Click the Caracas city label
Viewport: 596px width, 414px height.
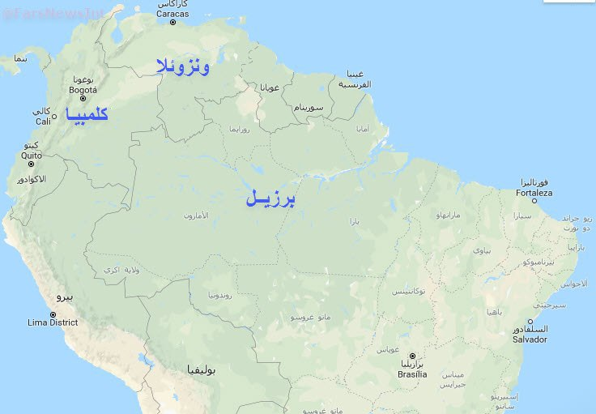172,14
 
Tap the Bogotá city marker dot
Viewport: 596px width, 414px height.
83,99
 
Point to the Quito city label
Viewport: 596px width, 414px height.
32,155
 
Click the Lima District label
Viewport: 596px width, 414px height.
53,322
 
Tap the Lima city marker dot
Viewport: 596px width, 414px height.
53,314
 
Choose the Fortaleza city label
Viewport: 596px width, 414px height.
534,193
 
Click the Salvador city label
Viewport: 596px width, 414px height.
530,339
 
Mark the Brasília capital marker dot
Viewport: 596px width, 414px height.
411,356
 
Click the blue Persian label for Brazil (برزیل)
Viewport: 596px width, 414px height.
270,198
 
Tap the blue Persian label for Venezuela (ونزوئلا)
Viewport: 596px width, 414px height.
183,66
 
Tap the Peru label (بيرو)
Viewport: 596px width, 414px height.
64,297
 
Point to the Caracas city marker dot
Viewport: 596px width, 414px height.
172,23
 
